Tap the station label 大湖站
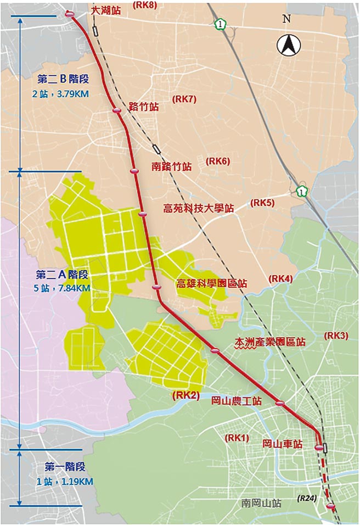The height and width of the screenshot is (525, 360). point(106,11)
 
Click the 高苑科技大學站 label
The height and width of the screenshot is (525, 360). point(199,209)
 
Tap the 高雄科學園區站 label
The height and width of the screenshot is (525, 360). point(211,284)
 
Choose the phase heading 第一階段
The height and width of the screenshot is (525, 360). point(65,467)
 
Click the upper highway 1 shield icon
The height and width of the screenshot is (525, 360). point(220,24)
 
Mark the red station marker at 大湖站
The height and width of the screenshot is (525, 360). point(70,14)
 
